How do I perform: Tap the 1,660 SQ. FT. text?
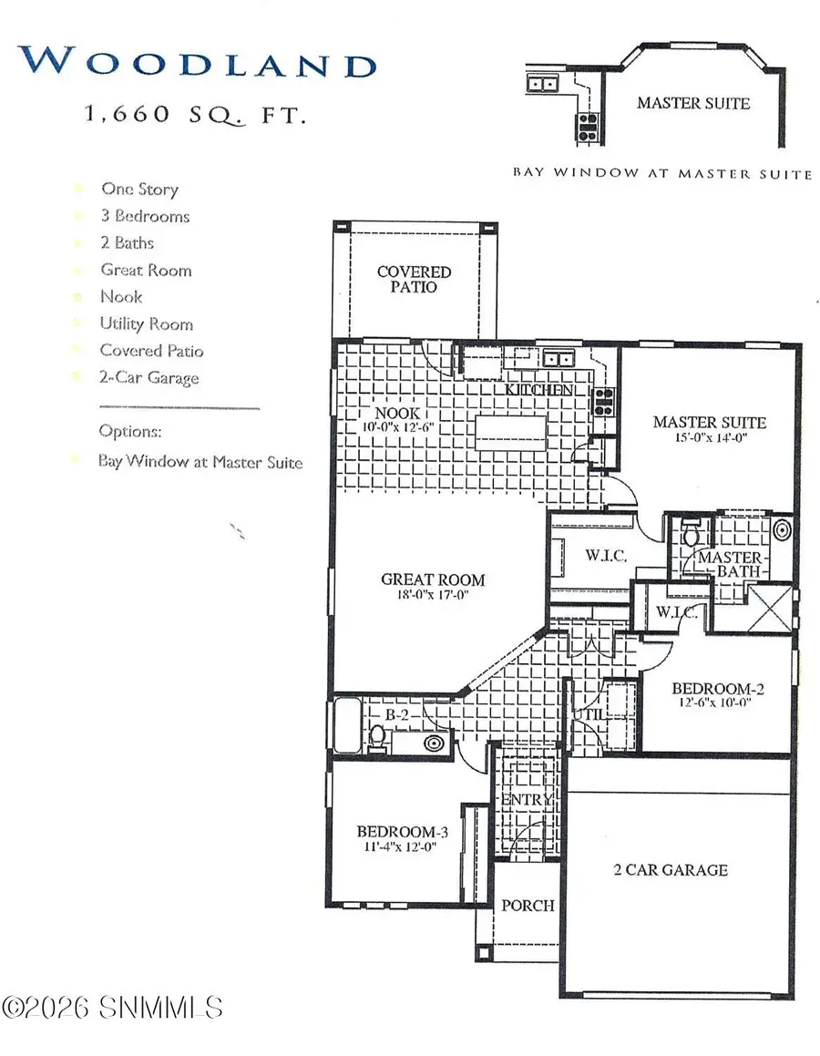(x=194, y=115)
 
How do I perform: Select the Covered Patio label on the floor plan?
(x=414, y=279)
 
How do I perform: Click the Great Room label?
(x=433, y=579)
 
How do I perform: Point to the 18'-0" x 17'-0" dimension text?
(x=433, y=597)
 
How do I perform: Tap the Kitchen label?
(x=539, y=390)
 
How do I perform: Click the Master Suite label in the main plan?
(x=709, y=422)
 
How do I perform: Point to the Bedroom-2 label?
(x=717, y=689)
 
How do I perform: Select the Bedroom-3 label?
(x=402, y=831)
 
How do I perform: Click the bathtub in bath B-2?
(x=347, y=725)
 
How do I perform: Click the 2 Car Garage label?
(x=671, y=869)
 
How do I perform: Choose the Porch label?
(x=528, y=905)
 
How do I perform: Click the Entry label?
(x=527, y=800)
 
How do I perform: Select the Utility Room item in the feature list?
(x=146, y=324)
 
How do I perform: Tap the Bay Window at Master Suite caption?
(x=661, y=173)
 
